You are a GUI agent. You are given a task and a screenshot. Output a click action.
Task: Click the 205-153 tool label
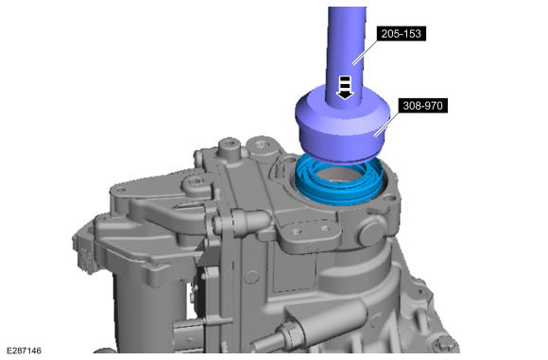402,34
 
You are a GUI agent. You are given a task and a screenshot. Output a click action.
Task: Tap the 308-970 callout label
423,106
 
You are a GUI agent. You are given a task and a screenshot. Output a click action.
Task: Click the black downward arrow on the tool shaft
345,87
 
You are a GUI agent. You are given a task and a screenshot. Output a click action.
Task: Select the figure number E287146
24,351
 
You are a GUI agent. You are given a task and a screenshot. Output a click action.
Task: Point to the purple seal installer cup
342,126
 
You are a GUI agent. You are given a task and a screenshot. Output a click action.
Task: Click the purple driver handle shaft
346,52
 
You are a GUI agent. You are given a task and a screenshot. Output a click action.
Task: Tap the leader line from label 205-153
366,52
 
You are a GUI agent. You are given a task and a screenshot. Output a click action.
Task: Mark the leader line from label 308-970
387,123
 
